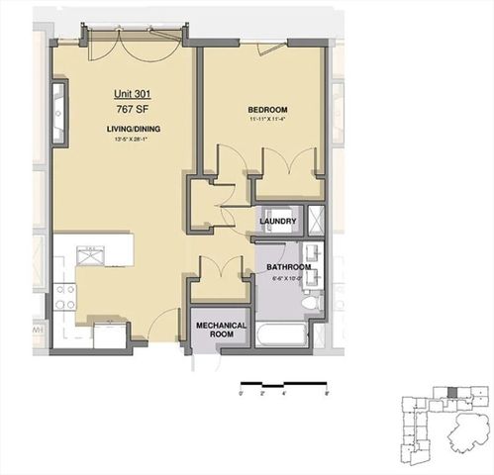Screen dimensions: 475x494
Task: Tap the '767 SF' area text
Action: coord(131,110)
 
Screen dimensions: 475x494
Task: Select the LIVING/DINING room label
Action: coord(131,130)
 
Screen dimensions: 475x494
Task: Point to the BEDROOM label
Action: coord(267,109)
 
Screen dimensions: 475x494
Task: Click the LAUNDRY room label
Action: coord(278,221)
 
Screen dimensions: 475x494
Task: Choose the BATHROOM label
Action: coord(287,267)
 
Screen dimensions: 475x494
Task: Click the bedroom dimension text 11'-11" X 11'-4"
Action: coord(267,120)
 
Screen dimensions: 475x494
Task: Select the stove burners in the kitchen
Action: coord(65,297)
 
